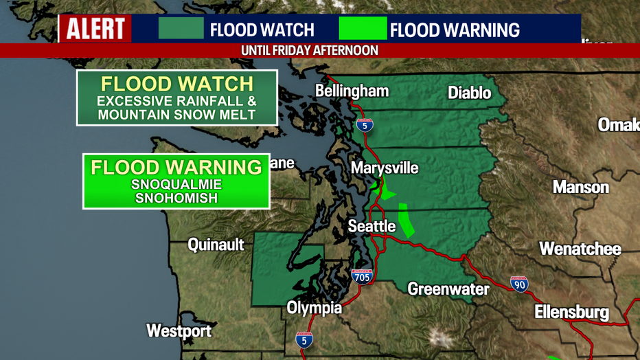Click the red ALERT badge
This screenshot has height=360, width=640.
[x=95, y=29]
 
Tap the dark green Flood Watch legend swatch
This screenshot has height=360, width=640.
[x=181, y=29]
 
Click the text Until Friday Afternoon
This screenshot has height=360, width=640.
[x=310, y=51]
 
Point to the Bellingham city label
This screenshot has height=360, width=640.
[x=352, y=91]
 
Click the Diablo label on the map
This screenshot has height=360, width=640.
[x=469, y=93]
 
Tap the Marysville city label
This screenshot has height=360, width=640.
[x=385, y=168]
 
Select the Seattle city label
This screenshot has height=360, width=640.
[x=372, y=226]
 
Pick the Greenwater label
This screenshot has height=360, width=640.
[x=448, y=289]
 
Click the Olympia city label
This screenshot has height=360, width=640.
[x=314, y=307]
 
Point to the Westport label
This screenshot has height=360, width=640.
[x=179, y=330]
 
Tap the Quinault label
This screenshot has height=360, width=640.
[x=216, y=245]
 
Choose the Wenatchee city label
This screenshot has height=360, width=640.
[x=580, y=249]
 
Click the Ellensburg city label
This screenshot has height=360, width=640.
[x=571, y=313]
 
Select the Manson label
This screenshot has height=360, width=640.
[x=581, y=187]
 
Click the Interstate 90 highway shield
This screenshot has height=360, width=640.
[x=520, y=284]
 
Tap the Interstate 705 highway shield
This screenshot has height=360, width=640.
[x=362, y=276]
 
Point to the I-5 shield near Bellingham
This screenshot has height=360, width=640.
[x=365, y=125]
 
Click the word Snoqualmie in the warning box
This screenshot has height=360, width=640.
[x=176, y=185]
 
